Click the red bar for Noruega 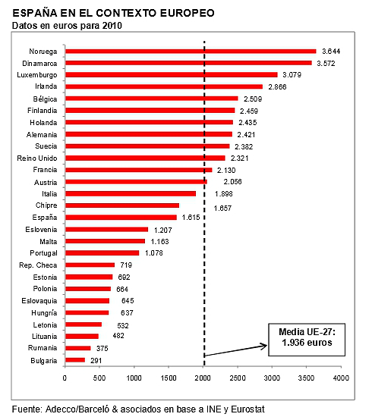click(x=190, y=51)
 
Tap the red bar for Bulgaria click(x=75, y=359)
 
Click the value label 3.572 click(x=327, y=63)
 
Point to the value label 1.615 click(x=192, y=218)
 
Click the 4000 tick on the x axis click(x=341, y=377)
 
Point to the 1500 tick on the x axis click(x=169, y=377)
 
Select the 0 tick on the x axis click(x=65, y=377)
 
